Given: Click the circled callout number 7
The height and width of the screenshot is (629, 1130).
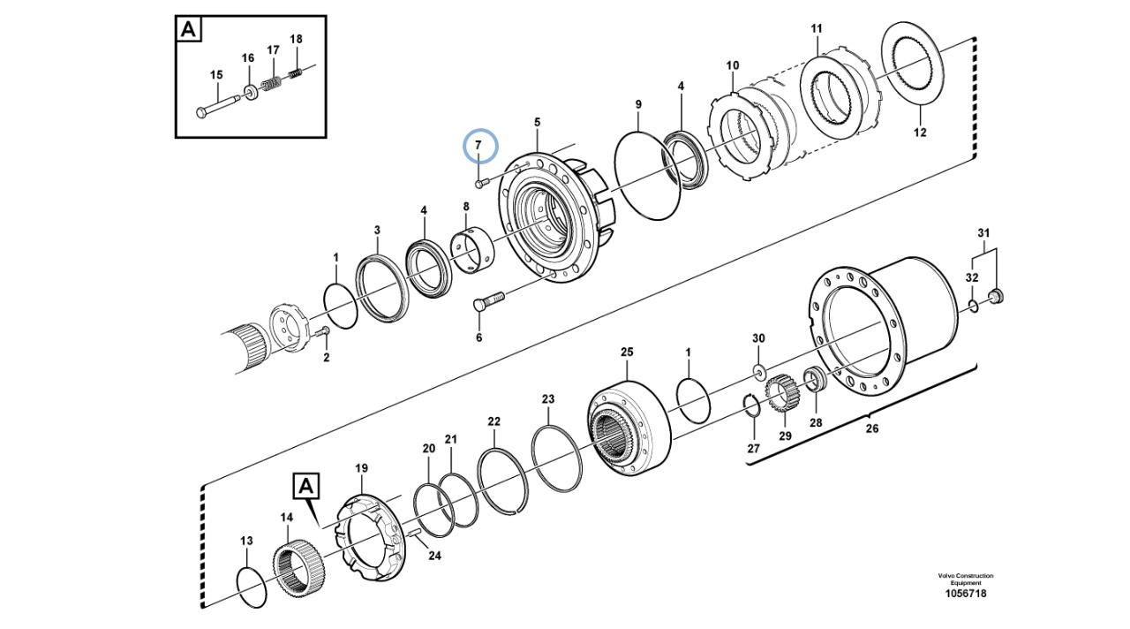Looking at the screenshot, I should click(x=478, y=146).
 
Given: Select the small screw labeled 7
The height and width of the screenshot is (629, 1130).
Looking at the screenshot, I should click(x=479, y=184).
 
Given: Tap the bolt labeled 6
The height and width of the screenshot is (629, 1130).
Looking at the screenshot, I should click(x=486, y=303).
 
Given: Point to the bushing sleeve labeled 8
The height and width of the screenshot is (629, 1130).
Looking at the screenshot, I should click(x=473, y=248).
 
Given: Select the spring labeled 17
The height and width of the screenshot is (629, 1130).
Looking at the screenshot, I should click(x=274, y=85).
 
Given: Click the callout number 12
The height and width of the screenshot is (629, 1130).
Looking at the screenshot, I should click(x=920, y=133).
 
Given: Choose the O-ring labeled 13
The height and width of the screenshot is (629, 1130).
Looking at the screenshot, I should click(x=252, y=587).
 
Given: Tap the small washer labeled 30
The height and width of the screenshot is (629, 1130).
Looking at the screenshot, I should click(x=758, y=367).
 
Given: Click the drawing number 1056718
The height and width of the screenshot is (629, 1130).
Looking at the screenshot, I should click(x=965, y=593).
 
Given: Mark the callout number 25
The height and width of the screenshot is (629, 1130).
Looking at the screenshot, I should click(x=627, y=352).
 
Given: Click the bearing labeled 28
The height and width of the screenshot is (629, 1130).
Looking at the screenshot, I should click(x=814, y=381).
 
